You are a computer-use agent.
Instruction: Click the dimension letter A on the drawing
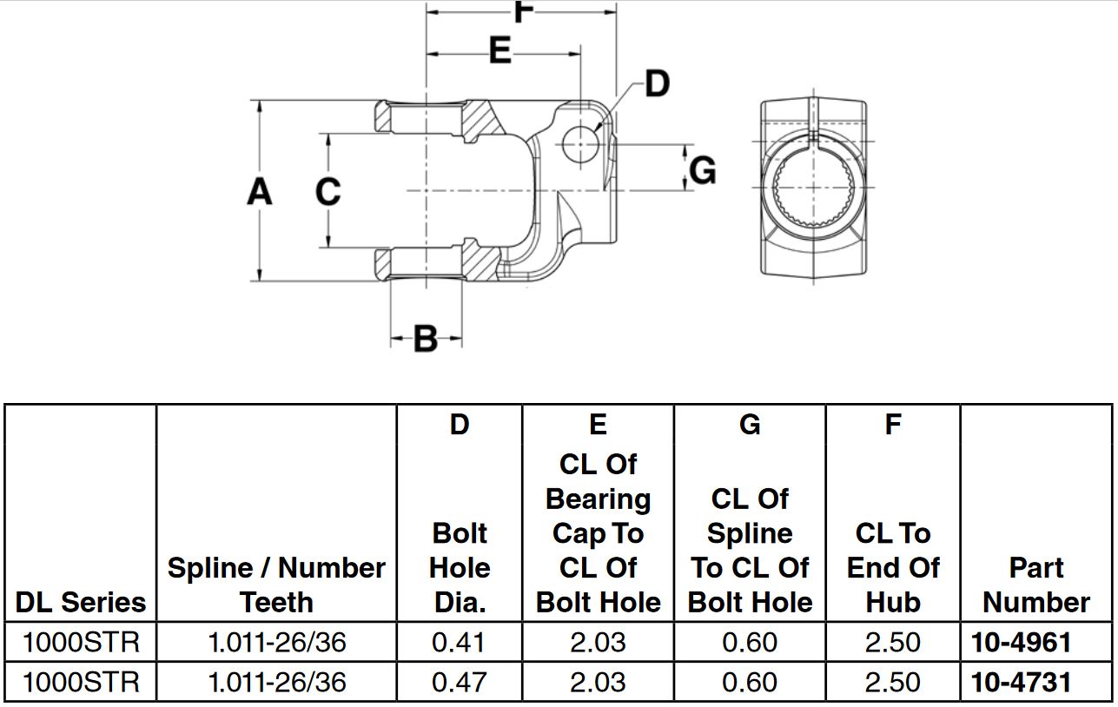260,192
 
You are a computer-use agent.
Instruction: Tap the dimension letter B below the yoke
426,339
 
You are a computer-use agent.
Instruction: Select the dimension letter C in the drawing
327,191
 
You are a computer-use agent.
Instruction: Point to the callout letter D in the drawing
658,84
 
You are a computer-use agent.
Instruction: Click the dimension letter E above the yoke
500,50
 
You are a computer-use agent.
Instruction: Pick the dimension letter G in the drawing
703,169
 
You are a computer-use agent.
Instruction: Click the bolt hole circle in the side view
580,144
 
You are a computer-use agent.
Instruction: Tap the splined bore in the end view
814,188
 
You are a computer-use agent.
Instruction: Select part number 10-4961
1022,642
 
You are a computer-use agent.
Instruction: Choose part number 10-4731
1022,682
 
